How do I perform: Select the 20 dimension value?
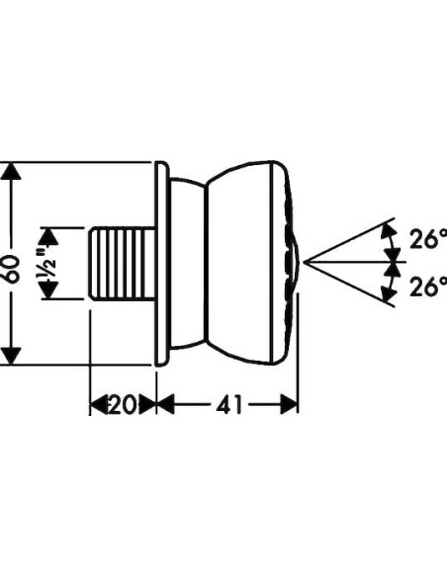point(124,404)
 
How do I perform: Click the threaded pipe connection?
point(123,264)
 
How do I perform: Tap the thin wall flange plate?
point(160,264)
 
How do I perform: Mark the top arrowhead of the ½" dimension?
point(46,235)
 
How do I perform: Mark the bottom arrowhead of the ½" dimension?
point(46,292)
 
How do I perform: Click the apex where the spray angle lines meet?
point(305,263)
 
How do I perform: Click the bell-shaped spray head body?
point(242,264)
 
